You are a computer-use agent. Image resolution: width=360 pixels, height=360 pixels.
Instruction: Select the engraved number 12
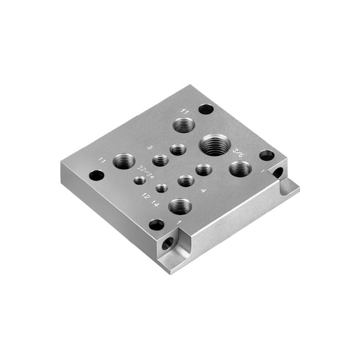pyautogui.click(x=145, y=196)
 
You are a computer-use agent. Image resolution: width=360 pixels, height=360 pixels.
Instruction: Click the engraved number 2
pyautogui.click(x=149, y=148)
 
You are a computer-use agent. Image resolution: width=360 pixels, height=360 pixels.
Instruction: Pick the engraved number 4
pyautogui.click(x=204, y=190)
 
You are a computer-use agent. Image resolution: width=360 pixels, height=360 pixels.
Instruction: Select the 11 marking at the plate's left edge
pyautogui.click(x=103, y=160)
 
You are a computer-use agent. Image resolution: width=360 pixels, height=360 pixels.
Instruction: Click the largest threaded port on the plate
pyautogui.click(x=214, y=145)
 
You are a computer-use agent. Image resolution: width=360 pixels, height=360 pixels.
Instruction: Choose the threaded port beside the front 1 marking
pyautogui.click(x=180, y=206)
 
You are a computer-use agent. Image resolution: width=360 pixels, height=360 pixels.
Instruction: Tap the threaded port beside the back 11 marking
pyautogui.click(x=184, y=125)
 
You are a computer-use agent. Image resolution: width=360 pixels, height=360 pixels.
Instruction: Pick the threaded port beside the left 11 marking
pyautogui.click(x=124, y=160)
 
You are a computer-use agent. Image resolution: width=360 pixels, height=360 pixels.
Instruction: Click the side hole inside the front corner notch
pyautogui.click(x=168, y=243)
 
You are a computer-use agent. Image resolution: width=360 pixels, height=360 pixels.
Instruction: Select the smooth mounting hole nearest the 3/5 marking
pyautogui.click(x=266, y=155)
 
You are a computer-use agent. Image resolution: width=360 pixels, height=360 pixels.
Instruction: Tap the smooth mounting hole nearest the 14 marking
pyautogui.click(x=157, y=225)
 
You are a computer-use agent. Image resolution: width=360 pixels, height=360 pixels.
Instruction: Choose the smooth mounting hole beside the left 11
pyautogui.click(x=96, y=176)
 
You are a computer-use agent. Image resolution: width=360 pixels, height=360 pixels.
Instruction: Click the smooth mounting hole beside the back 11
pyautogui.click(x=206, y=110)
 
